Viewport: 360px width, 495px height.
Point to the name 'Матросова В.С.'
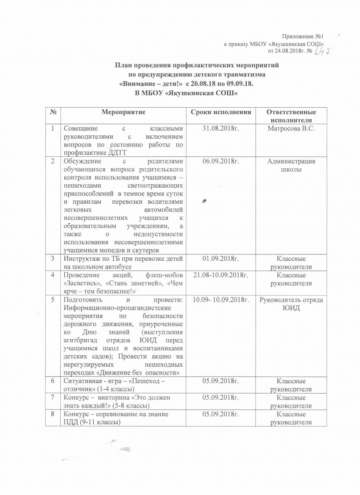point(291,129)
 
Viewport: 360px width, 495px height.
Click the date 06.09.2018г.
point(221,161)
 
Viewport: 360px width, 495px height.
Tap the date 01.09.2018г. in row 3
point(221,259)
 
